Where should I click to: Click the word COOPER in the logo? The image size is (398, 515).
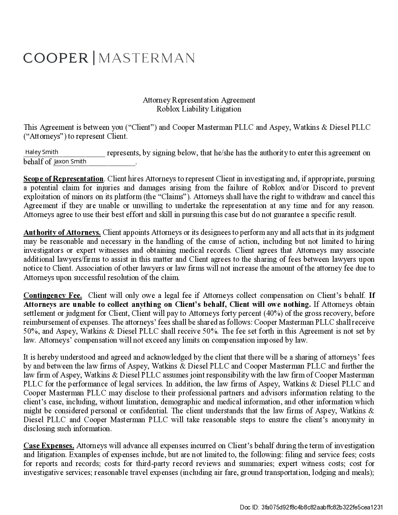click(x=56, y=58)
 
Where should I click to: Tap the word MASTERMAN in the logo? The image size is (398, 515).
click(x=146, y=58)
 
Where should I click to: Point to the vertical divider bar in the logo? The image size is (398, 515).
click(x=94, y=58)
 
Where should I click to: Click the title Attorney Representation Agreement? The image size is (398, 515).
click(x=199, y=100)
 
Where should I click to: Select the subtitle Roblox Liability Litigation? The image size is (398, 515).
click(x=199, y=109)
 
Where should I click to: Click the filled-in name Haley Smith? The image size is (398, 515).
click(x=42, y=152)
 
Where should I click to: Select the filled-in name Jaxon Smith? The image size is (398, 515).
click(x=70, y=161)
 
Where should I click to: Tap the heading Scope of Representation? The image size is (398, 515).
click(x=63, y=179)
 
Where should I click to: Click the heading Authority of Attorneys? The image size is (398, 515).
click(x=62, y=232)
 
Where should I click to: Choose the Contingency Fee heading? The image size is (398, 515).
click(x=53, y=295)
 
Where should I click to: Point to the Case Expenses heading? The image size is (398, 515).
click(x=49, y=446)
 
